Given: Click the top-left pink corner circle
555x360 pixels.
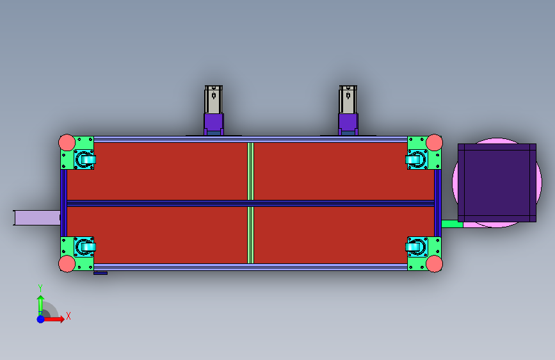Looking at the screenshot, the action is click(x=67, y=142).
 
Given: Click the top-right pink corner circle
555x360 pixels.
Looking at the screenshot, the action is click(x=434, y=142).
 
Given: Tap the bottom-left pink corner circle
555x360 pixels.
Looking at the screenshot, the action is click(x=67, y=264).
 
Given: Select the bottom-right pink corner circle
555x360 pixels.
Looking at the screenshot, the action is click(x=434, y=264).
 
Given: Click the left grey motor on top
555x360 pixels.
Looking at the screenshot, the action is click(x=213, y=99).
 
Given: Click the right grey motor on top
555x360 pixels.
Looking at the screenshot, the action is click(x=348, y=99).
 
